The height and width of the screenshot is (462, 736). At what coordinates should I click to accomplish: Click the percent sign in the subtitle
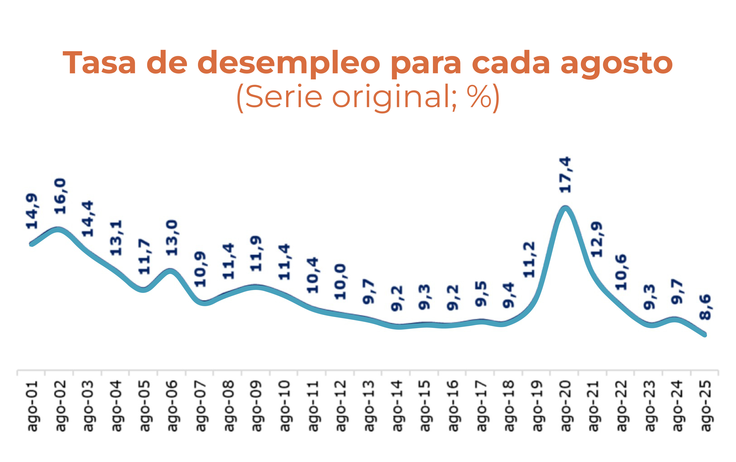click(x=479, y=97)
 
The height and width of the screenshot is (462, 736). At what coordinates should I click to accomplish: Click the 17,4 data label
click(x=565, y=175)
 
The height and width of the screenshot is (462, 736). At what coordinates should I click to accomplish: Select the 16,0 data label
click(x=60, y=196)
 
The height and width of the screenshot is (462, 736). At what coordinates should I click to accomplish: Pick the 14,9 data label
click(x=32, y=211)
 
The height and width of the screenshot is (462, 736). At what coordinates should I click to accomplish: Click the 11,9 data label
click(x=256, y=254)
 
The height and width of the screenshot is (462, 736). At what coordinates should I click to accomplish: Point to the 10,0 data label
click(x=340, y=282)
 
